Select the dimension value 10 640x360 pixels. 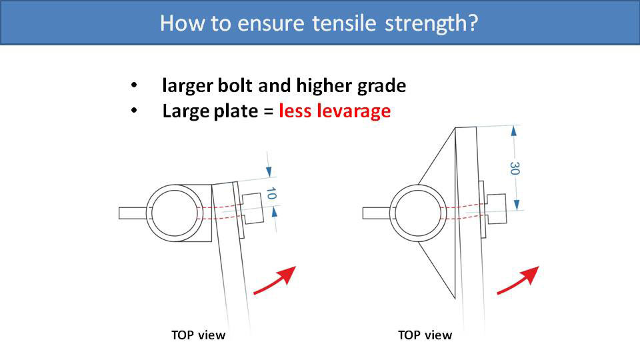pyautogui.click(x=271, y=194)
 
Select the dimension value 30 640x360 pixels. pyautogui.click(x=515, y=168)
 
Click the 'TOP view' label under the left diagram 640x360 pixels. pyautogui.click(x=199, y=335)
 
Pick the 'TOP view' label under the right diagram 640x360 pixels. pyautogui.click(x=425, y=335)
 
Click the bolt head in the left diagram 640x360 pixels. pyautogui.click(x=251, y=209)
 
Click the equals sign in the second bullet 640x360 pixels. pyautogui.click(x=268, y=112)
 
